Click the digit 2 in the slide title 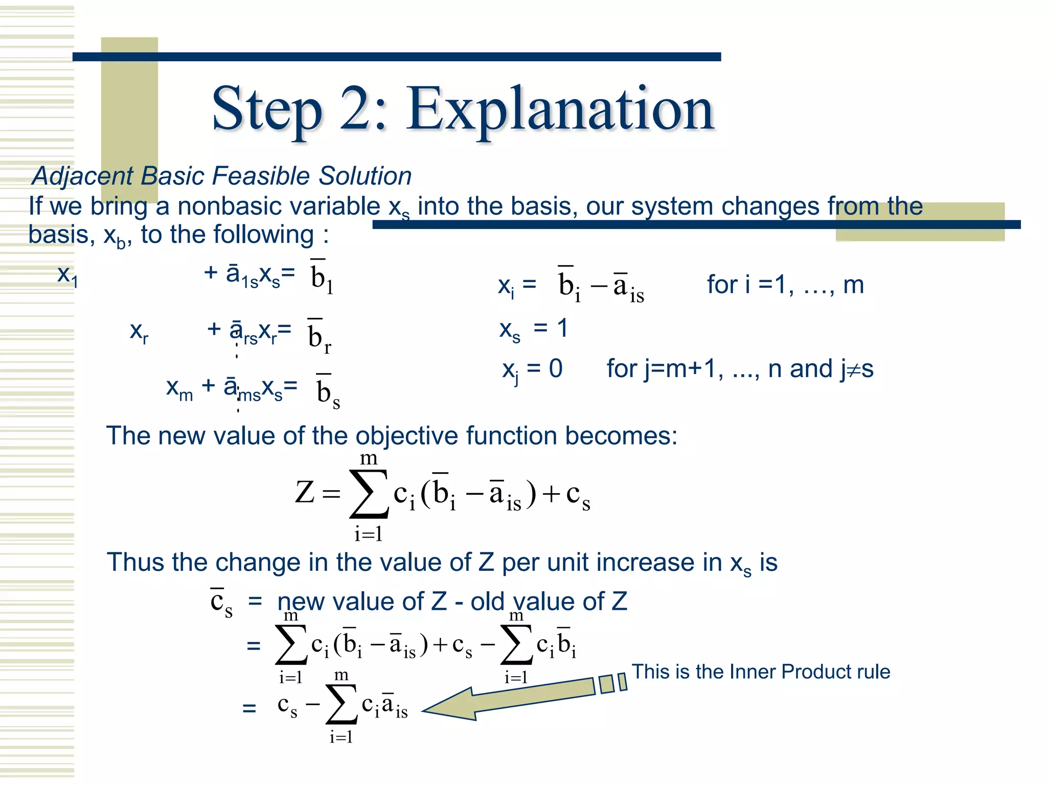pyautogui.click(x=356, y=109)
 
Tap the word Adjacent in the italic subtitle pyautogui.click(x=82, y=176)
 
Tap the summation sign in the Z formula pyautogui.click(x=369, y=494)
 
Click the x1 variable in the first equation pyautogui.click(x=67, y=276)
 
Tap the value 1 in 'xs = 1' pyautogui.click(x=562, y=328)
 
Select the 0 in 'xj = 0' pyautogui.click(x=556, y=368)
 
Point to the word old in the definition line pyautogui.click(x=487, y=602)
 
